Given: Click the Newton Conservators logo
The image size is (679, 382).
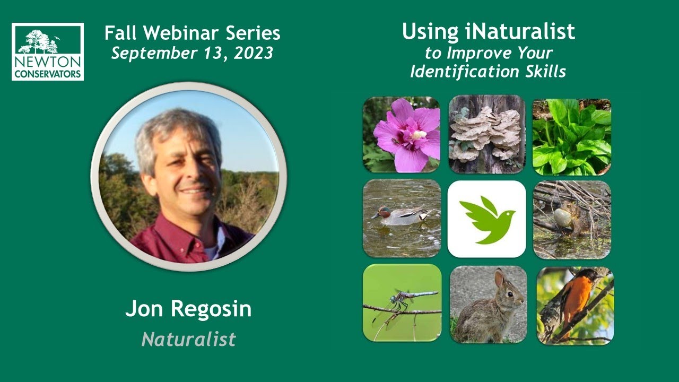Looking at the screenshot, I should coord(47,51).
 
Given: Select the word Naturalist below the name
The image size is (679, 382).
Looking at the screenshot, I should coord(188,339).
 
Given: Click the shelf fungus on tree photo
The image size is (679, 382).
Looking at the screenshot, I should coord(485,135).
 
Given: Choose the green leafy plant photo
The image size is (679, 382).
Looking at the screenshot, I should coord(572,136).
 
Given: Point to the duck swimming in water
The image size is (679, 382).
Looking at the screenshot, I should coord(400,215).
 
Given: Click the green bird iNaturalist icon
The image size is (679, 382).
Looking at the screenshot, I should coord(486,219).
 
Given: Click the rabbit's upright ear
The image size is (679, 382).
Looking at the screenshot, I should coord(499,278).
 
